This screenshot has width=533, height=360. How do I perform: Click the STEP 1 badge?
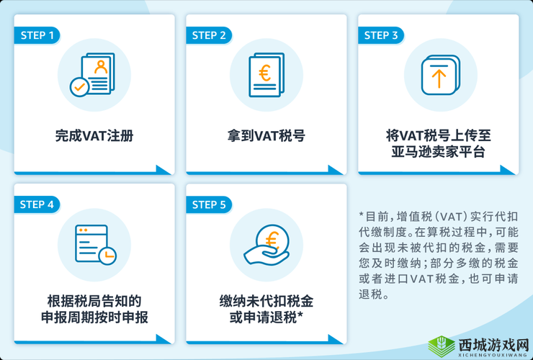(x=37, y=35)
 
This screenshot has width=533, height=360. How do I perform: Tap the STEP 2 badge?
(x=209, y=35)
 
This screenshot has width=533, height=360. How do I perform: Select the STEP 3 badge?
(x=381, y=35)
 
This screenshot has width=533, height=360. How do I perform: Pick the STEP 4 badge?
(x=37, y=204)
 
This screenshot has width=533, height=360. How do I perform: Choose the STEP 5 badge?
(x=209, y=204)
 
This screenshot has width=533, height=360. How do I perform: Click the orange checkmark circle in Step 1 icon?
(x=79, y=87)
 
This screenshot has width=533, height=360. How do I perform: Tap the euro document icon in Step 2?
(x=266, y=75)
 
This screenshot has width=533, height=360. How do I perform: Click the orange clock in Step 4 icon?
(x=107, y=254)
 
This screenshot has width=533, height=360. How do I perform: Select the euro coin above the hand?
(x=274, y=237)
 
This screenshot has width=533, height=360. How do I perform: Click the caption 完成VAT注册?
(x=94, y=135)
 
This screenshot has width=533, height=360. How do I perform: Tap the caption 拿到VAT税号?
(x=266, y=135)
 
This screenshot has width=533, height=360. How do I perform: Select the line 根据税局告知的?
(x=94, y=301)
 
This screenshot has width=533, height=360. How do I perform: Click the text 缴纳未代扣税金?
(x=266, y=301)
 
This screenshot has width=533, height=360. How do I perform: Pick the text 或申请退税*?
(x=266, y=318)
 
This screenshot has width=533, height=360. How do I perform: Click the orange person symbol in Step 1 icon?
(x=100, y=66)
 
